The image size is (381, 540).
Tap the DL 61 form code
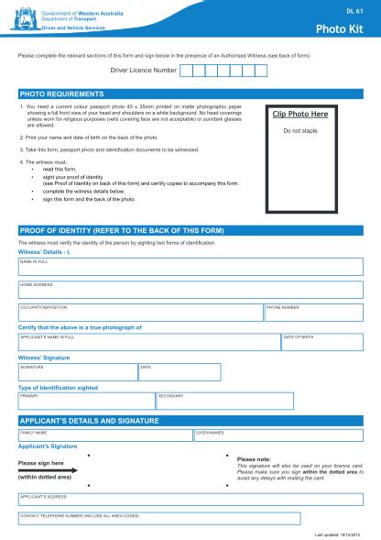[x=352, y=11]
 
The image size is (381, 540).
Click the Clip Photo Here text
[x=299, y=115]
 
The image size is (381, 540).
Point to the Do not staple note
[x=299, y=131]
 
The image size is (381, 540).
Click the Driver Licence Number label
[x=144, y=70]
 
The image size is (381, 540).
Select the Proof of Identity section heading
[x=121, y=230]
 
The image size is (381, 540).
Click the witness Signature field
[x=78, y=372]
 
